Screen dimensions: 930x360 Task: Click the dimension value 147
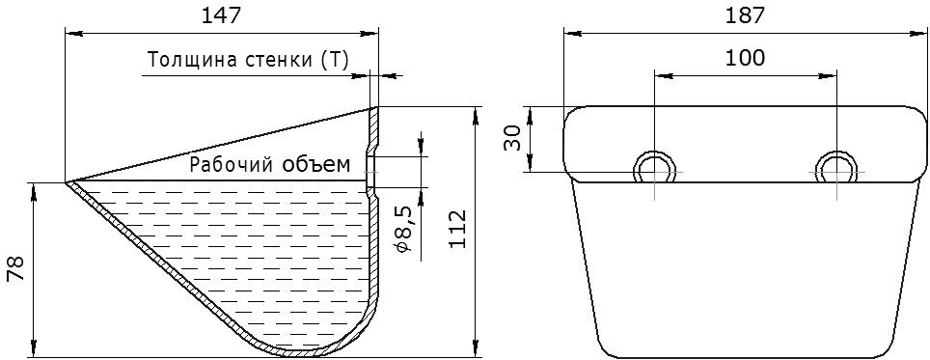(x=222, y=15)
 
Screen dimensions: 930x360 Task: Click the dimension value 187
(x=745, y=15)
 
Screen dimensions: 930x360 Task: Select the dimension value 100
(x=745, y=58)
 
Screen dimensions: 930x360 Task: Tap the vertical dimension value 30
(x=512, y=138)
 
